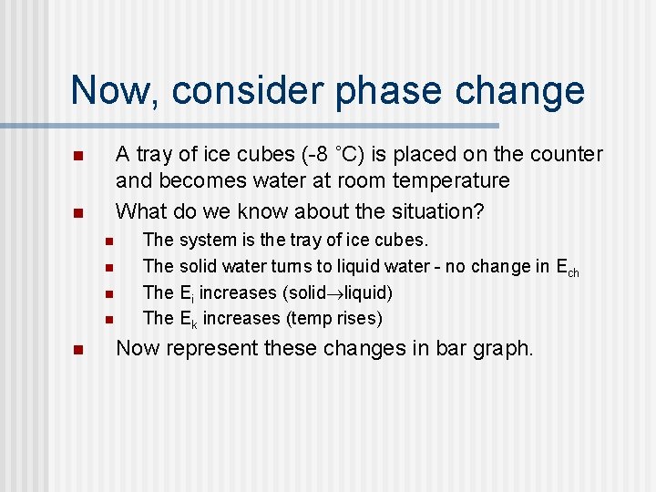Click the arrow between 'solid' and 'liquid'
336,293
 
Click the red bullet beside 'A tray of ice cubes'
78,156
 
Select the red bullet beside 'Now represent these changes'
78,349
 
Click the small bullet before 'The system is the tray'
107,241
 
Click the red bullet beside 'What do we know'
78,213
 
